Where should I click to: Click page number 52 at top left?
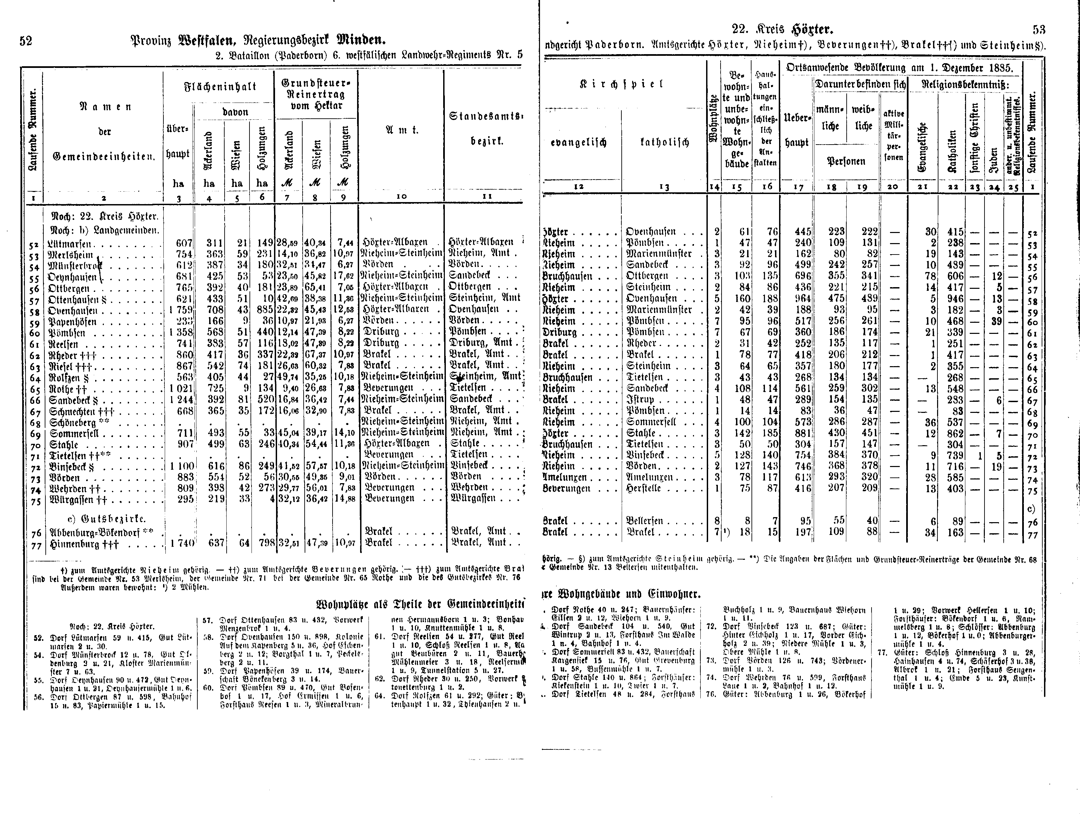pyautogui.click(x=26, y=41)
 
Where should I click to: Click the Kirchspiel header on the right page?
pyautogui.click(x=621, y=84)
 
